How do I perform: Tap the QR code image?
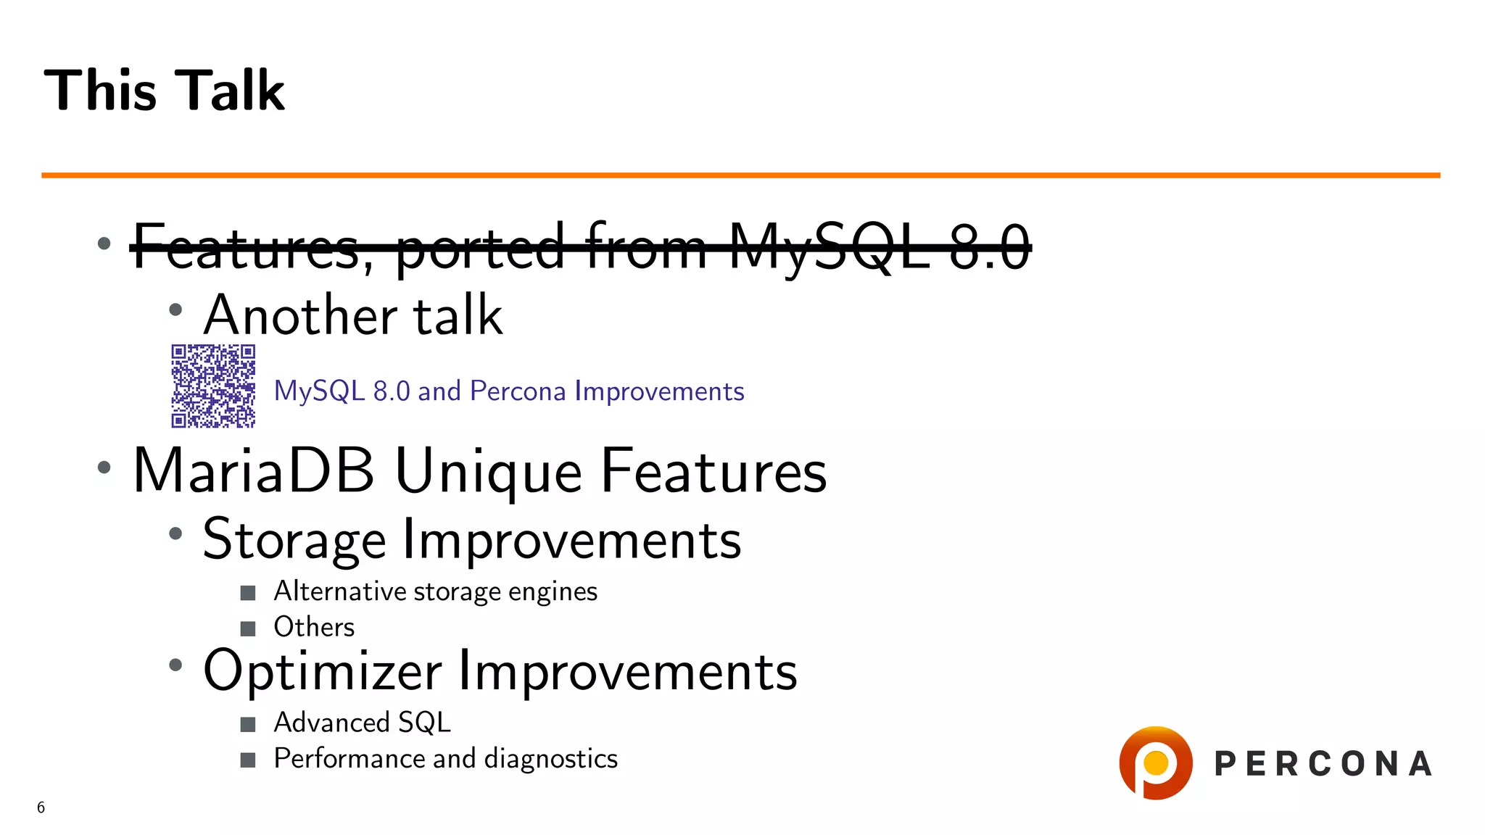pyautogui.click(x=213, y=386)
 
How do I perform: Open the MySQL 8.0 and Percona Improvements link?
pyautogui.click(x=508, y=391)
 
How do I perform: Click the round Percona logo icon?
pyautogui.click(x=1155, y=763)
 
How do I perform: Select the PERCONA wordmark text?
pyautogui.click(x=1323, y=764)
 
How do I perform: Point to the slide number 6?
pyautogui.click(x=41, y=807)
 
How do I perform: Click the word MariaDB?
pyautogui.click(x=254, y=471)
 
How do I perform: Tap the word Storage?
pyautogui.click(x=294, y=540)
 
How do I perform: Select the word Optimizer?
pyautogui.click(x=322, y=671)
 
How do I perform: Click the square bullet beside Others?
pyautogui.click(x=248, y=628)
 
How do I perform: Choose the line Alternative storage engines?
pyautogui.click(x=435, y=592)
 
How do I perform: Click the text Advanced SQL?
pyautogui.click(x=362, y=723)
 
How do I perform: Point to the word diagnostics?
pyautogui.click(x=550, y=759)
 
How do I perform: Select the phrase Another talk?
pyautogui.click(x=352, y=316)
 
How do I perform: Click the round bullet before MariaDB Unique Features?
pyautogui.click(x=104, y=468)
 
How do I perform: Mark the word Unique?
pyautogui.click(x=488, y=471)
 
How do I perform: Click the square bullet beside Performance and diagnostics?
pyautogui.click(x=248, y=760)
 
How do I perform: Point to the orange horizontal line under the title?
pyautogui.click(x=740, y=175)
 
